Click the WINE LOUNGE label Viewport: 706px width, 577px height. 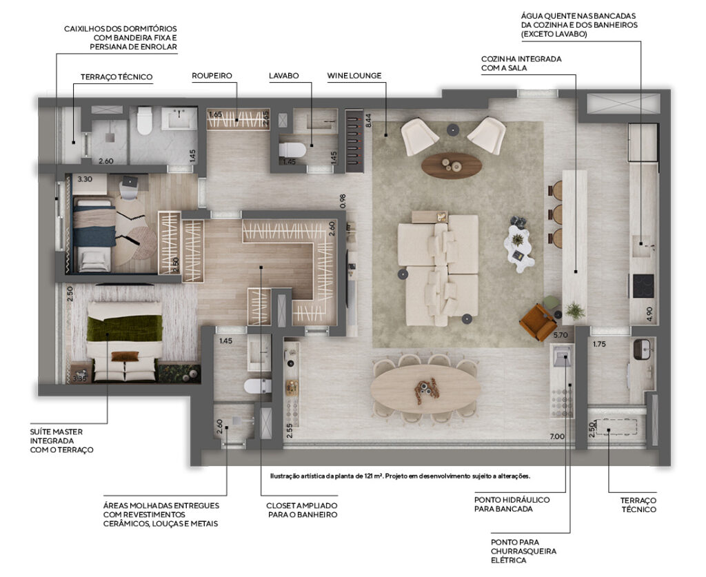tap(354, 76)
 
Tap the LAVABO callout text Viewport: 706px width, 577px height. tap(283, 76)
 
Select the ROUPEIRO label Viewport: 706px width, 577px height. tap(212, 76)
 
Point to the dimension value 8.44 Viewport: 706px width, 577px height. tap(368, 120)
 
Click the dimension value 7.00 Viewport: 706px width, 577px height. tap(557, 436)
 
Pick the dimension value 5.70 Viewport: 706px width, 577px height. tap(561, 335)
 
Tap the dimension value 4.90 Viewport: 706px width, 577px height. tap(649, 314)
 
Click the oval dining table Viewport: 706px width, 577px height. tap(425, 388)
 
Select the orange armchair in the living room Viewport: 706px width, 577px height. tap(538, 321)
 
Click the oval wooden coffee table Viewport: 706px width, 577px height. tap(452, 165)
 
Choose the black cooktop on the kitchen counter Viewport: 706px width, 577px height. tap(643, 286)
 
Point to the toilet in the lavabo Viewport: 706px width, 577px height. tap(292, 150)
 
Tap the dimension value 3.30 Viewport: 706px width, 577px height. tap(85, 179)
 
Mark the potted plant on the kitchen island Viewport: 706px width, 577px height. tap(574, 310)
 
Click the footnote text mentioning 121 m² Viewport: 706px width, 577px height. tap(401, 476)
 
